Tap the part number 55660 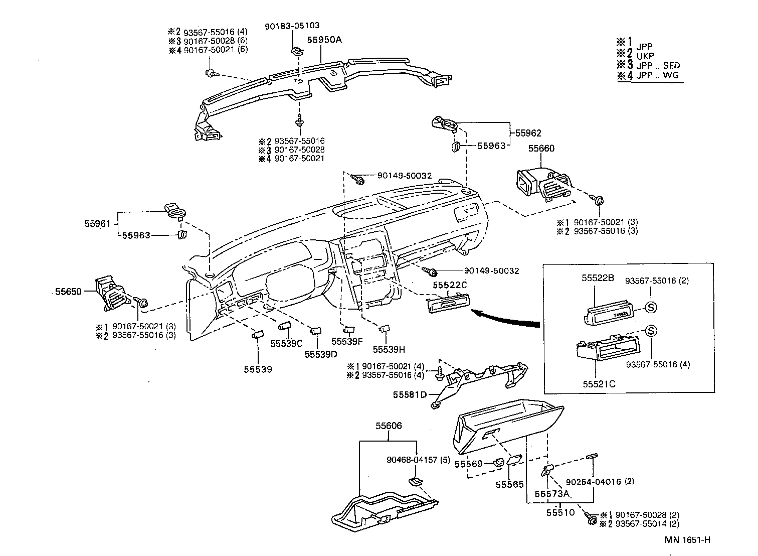click(x=541, y=149)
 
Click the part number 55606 click(x=389, y=426)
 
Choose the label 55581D click(x=410, y=394)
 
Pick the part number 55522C click(x=450, y=285)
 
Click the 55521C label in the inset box click(x=599, y=384)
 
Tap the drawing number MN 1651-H click(x=688, y=540)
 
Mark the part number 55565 click(x=510, y=484)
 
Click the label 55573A click(x=552, y=494)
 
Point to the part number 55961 click(x=97, y=224)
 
